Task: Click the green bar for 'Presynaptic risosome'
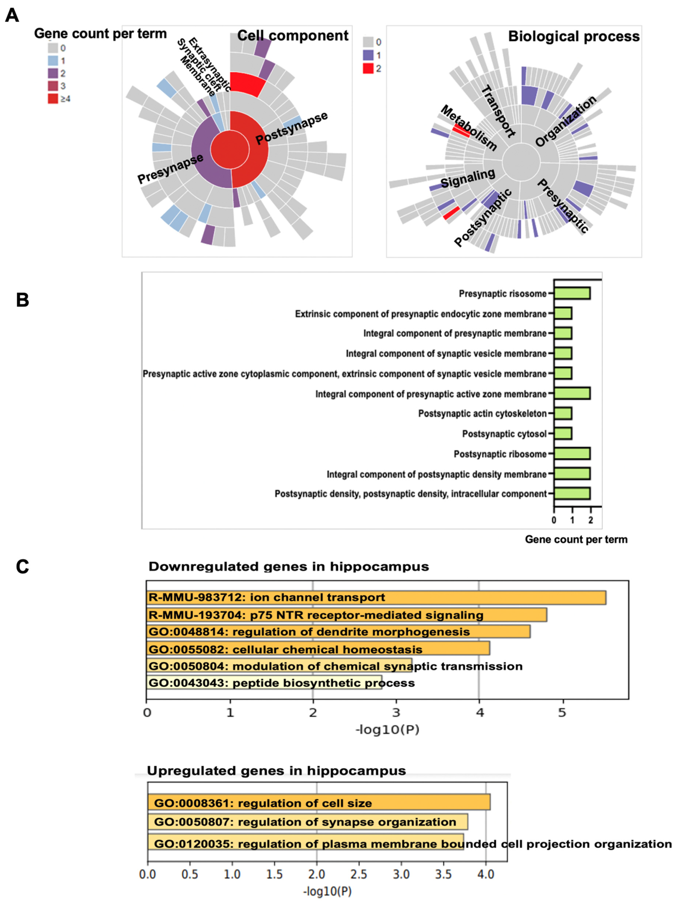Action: [x=572, y=293]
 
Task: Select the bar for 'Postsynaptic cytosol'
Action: [x=563, y=434]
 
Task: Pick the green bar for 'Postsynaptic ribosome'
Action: [x=572, y=454]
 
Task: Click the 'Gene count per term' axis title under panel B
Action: [x=576, y=539]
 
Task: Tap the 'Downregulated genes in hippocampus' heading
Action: [x=288, y=567]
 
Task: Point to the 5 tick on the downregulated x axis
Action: [x=562, y=713]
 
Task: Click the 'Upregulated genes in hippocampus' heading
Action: [x=276, y=771]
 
